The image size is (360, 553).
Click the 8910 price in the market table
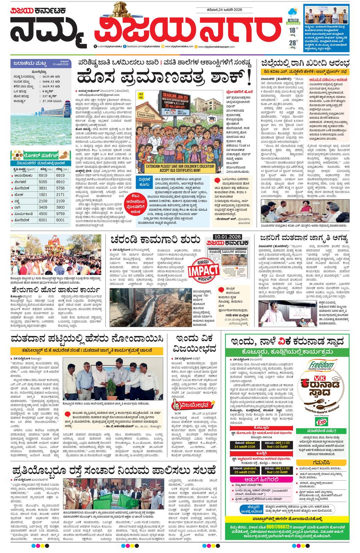coord(60,182)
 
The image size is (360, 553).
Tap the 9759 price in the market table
coord(60,214)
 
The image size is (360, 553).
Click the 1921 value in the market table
coord(43,195)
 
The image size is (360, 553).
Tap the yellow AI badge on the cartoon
coord(140,95)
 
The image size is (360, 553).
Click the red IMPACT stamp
coord(204,270)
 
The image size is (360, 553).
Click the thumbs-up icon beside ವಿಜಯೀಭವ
coord(176,404)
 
